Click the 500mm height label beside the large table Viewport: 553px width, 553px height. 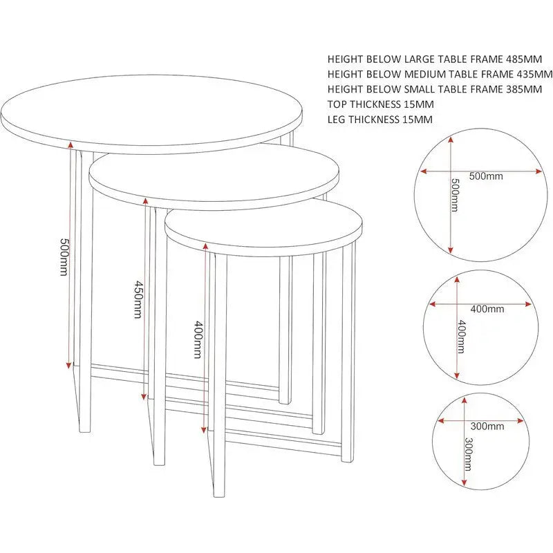coord(64,257)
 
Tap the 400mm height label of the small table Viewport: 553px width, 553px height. coord(198,339)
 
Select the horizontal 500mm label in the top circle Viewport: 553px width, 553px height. coord(486,176)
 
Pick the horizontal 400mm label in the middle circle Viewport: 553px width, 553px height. coord(487,308)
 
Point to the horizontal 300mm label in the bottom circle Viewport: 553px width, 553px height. coord(487,425)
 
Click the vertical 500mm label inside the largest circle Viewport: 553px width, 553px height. coord(455,196)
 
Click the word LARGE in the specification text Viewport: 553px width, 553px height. coord(423,59)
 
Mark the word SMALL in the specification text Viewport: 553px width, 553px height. coord(423,89)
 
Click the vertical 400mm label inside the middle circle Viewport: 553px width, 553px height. coord(461,337)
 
